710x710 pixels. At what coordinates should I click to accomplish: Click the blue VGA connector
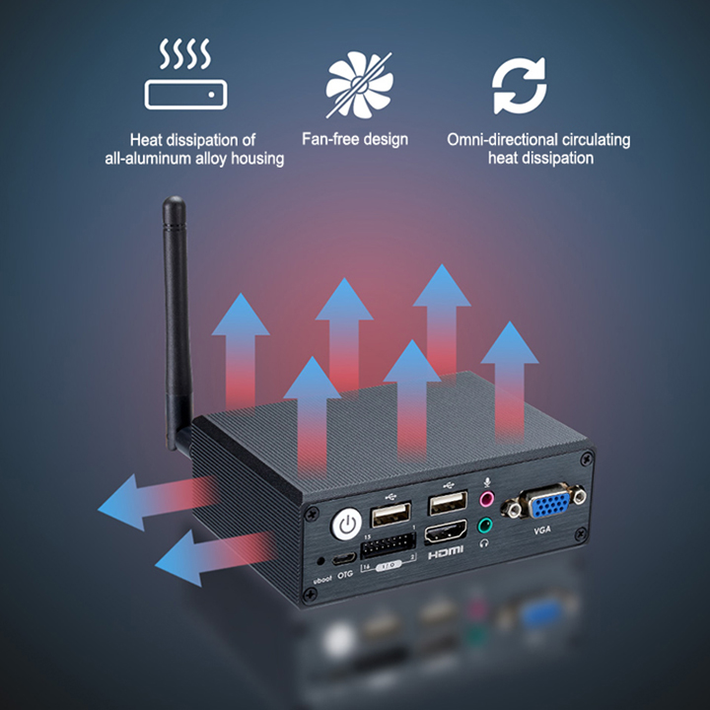click(x=541, y=506)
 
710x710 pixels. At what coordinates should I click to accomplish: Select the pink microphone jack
click(x=485, y=498)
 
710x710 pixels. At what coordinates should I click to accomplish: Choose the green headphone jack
click(x=485, y=526)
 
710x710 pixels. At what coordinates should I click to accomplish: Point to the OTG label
click(x=345, y=573)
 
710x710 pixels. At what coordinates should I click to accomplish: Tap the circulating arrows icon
click(x=520, y=86)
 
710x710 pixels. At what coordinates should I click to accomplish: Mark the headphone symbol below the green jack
click(x=484, y=542)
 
